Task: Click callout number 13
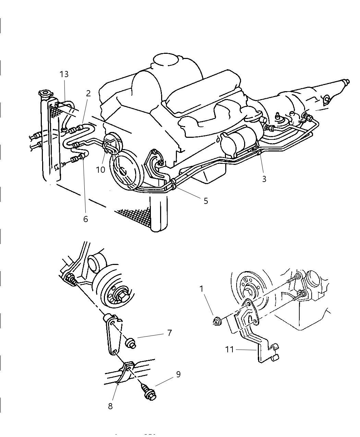[64, 74]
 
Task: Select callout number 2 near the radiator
[88, 93]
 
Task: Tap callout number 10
[100, 170]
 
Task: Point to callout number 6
[85, 219]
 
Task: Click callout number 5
[206, 201]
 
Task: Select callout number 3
[264, 179]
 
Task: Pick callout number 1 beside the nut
[202, 289]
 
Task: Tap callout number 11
[229, 349]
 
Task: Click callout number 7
[169, 332]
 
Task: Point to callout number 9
[178, 374]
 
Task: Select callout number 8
[110, 406]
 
